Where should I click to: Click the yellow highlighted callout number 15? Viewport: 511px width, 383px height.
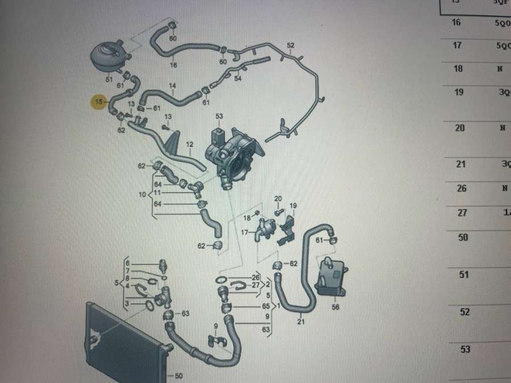pos(100,102)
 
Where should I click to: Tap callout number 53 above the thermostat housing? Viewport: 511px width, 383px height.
pos(220,116)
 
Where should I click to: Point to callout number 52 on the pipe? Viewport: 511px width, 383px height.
pos(291,45)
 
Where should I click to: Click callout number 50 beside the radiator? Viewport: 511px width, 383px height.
pos(179,376)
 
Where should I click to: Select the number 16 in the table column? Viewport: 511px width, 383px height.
pos(456,23)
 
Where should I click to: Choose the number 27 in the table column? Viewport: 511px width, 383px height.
pos(462,212)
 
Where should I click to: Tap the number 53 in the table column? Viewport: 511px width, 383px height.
pos(465,349)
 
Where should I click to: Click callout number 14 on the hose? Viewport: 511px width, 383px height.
pos(173,86)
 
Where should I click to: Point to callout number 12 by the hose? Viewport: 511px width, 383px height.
pos(190,145)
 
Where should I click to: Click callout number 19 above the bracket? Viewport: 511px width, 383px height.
pos(294,205)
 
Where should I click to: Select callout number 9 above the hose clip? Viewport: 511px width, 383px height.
pos(216,326)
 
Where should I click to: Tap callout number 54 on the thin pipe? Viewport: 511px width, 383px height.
pos(238,78)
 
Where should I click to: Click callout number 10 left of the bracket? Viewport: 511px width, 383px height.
pos(143,195)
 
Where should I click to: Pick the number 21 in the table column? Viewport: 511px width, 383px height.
pos(461,164)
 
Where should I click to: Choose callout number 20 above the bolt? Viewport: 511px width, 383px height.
pos(278,198)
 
